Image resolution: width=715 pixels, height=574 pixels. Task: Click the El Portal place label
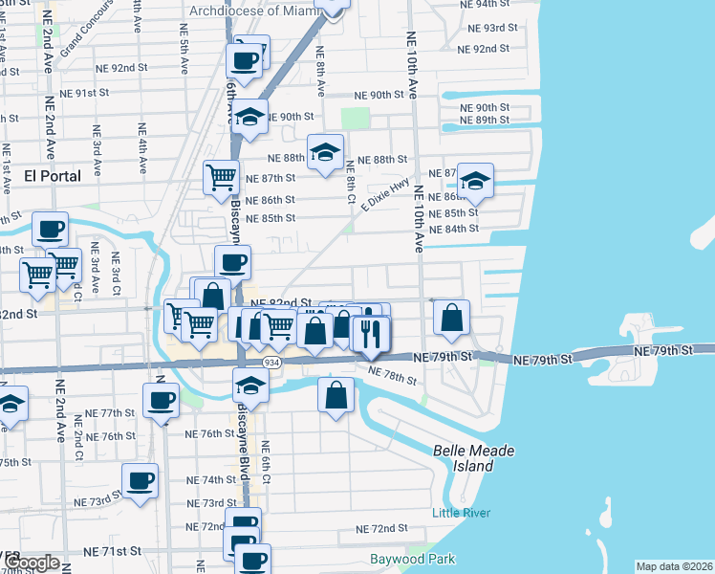tap(53, 177)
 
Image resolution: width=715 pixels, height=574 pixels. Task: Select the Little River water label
tap(461, 513)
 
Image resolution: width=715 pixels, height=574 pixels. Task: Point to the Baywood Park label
tap(413, 559)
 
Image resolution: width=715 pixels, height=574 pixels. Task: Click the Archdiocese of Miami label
tap(256, 11)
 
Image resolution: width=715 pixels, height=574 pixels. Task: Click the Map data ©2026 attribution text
tap(675, 566)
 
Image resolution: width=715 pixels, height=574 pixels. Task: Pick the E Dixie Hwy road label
tap(385, 193)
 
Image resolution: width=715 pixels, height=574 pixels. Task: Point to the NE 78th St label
tap(392, 376)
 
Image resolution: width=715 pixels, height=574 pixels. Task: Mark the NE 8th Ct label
tap(352, 180)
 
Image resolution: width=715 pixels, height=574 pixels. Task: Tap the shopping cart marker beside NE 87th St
tap(221, 176)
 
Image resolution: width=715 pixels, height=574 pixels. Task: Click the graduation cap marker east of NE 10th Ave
tap(475, 180)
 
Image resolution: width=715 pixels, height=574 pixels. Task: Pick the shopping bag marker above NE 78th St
tap(336, 394)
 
